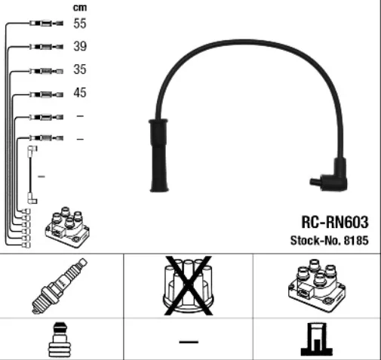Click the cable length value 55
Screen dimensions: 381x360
click(80, 23)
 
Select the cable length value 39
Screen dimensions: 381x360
click(80, 46)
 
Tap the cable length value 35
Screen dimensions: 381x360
click(80, 69)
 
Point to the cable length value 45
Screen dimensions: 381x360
click(80, 93)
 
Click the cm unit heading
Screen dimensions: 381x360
click(80, 8)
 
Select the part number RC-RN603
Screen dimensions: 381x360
click(335, 222)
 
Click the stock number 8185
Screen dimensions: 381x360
click(356, 240)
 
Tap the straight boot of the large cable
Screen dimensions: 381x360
click(158, 155)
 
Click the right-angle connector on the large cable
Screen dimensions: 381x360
click(330, 175)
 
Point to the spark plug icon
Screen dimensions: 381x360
click(60, 285)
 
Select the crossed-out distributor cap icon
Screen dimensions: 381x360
click(188, 286)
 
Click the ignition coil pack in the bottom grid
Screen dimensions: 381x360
click(317, 285)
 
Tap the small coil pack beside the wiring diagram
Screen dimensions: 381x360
click(67, 227)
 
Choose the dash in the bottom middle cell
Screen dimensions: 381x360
click(189, 342)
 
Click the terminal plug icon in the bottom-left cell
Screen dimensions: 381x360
click(60, 340)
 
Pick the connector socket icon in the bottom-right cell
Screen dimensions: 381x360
click(317, 340)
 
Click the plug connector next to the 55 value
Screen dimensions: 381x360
click(46, 23)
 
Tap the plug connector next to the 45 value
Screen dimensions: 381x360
click(46, 94)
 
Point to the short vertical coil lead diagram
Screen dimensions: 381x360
click(31, 174)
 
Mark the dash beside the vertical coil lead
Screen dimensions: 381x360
click(41, 177)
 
